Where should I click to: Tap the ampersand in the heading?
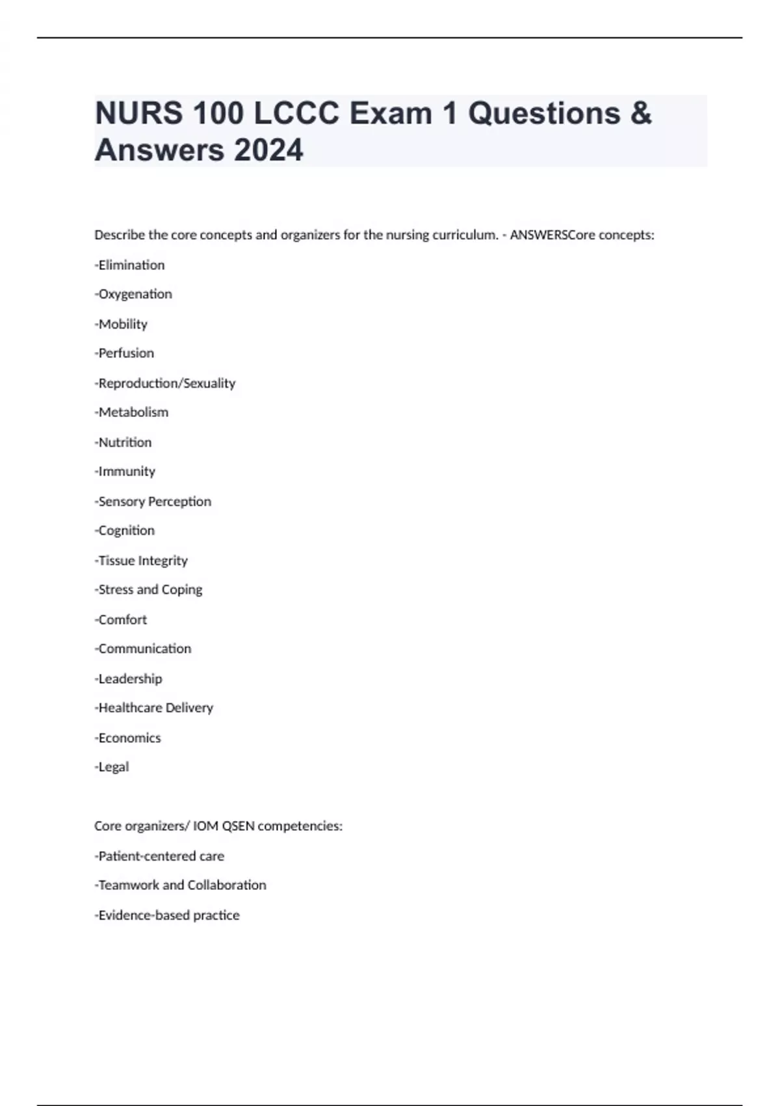tap(640, 113)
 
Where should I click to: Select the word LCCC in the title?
tap(296, 113)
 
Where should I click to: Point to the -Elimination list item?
tap(130, 265)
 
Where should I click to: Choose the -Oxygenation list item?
tap(133, 294)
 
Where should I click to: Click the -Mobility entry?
tap(121, 324)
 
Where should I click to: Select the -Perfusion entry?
tap(124, 353)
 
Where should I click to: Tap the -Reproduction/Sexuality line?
tap(165, 383)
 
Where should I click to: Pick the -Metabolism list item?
tap(131, 412)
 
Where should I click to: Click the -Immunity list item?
tap(125, 472)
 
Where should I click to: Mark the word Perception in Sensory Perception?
tap(179, 502)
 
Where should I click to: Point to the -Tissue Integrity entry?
tap(141, 560)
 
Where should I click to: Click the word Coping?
tap(182, 590)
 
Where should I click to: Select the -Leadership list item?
tap(129, 679)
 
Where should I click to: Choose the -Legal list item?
tap(112, 767)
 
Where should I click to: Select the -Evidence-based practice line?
tap(167, 915)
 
